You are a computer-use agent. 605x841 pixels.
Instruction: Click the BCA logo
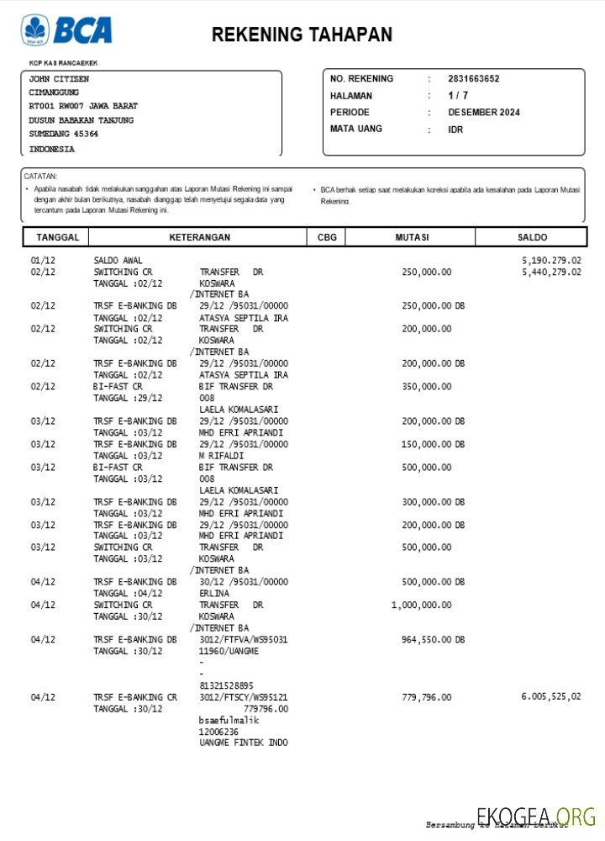pos(66,30)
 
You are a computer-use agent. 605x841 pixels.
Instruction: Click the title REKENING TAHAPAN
pos(302,34)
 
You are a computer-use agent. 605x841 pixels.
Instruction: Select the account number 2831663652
pos(473,79)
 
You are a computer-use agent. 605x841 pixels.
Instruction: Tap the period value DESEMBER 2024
pos(483,113)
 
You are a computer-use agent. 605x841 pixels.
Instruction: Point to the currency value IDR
pos(455,130)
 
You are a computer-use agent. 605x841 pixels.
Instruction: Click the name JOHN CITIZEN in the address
pos(59,79)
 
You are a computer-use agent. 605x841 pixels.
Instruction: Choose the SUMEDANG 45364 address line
pos(64,134)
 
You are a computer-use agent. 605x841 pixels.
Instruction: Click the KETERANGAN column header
pos(199,238)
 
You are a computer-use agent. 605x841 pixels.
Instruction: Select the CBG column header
pos(327,238)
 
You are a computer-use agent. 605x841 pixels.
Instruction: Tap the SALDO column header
pos(532,238)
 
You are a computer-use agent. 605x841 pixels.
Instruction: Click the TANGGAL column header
pos(58,238)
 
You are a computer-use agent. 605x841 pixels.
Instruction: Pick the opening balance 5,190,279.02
pos(551,261)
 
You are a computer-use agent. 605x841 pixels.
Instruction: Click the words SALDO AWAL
pos(118,261)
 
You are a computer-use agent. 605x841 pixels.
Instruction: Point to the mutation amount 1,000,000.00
pos(421,606)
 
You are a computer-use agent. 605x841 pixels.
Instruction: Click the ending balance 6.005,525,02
pos(550,697)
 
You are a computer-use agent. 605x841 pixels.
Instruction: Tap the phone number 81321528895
pos(226,686)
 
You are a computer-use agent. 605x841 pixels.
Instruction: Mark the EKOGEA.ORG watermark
pos(536,816)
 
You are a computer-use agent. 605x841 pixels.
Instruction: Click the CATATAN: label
pos(40,177)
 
